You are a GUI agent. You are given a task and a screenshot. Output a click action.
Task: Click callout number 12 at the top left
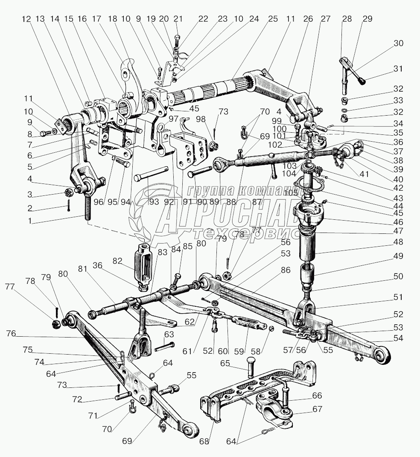pyautogui.click(x=27, y=19)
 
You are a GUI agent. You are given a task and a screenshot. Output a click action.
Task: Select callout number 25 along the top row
pyautogui.click(x=273, y=19)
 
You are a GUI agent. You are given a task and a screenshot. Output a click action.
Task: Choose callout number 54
pyautogui.click(x=398, y=338)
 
